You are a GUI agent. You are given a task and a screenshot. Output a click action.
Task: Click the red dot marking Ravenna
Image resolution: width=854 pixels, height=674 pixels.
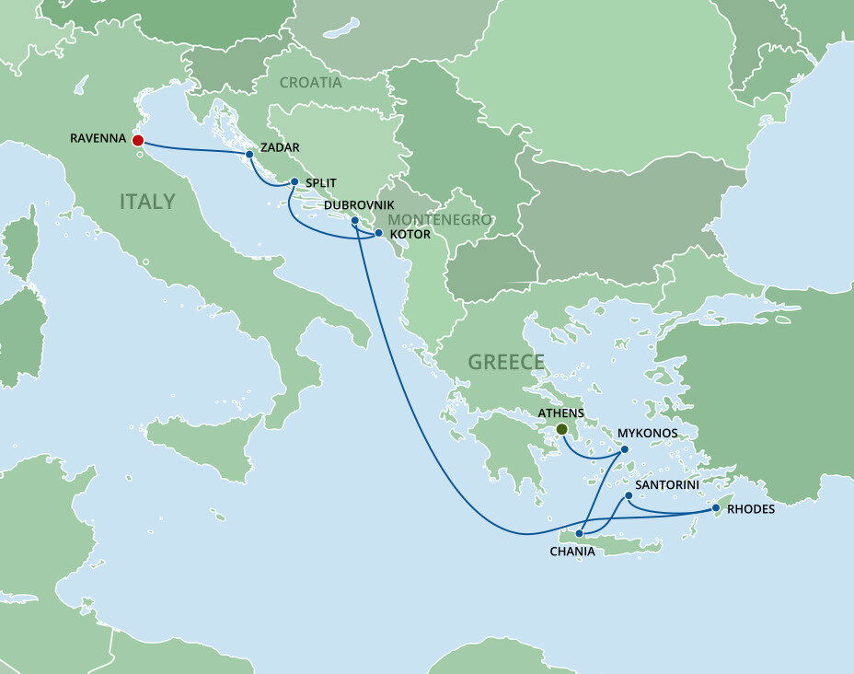(x=137, y=140)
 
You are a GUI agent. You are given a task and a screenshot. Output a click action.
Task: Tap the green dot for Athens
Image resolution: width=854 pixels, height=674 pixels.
(x=561, y=429)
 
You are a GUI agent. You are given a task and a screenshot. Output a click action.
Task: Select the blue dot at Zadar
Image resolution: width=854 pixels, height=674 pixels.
(x=249, y=154)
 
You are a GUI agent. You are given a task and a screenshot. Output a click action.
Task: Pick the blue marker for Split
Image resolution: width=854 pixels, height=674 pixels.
(x=294, y=181)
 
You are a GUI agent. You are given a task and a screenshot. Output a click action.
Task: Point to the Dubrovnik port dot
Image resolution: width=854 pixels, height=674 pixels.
(x=354, y=221)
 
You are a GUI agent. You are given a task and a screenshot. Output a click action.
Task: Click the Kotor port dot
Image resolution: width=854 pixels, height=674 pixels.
(x=378, y=234)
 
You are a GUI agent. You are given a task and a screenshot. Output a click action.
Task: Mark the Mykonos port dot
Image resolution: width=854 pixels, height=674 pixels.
(x=625, y=449)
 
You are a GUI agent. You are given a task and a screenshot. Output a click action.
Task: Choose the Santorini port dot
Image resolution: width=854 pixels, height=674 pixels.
(x=629, y=496)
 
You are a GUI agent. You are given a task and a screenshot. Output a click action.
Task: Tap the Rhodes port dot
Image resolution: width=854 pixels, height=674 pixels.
(x=715, y=508)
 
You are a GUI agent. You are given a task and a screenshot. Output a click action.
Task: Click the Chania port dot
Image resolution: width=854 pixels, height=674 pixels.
(x=579, y=534)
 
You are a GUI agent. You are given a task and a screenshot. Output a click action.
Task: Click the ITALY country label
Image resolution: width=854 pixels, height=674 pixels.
(x=147, y=202)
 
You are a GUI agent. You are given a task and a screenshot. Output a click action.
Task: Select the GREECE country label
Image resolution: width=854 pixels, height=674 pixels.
(x=506, y=362)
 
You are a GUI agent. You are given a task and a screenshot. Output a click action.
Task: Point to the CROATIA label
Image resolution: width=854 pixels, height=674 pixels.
(x=310, y=83)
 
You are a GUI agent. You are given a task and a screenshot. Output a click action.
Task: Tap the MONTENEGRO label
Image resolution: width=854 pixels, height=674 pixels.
(x=439, y=220)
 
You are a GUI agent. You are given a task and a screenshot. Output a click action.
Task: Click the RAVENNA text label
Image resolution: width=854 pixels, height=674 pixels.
(x=98, y=140)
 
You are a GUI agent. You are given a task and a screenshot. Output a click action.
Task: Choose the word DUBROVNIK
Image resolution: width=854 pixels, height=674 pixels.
(x=359, y=205)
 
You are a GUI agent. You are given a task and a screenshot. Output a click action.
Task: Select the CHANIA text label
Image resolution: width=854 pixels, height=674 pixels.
(x=572, y=552)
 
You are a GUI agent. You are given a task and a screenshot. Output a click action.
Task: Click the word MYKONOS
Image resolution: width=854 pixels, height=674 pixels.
(x=648, y=433)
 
